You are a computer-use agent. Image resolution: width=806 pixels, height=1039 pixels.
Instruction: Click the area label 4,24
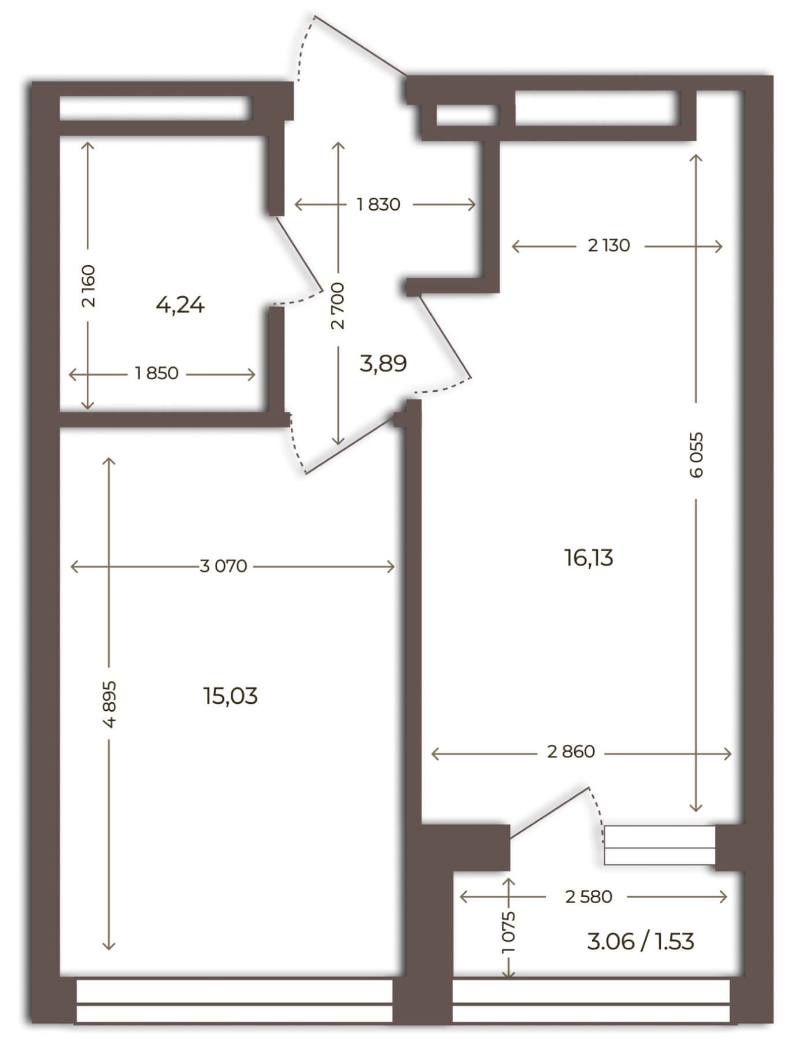pos(180,305)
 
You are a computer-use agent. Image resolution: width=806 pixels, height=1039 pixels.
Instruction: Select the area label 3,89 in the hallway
pos(383,363)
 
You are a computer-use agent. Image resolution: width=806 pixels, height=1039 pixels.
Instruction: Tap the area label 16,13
pos(589,558)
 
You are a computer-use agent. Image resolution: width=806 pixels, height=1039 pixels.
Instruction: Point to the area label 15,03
pos(230,696)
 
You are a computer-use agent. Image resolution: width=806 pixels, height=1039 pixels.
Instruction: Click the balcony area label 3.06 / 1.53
pos(640,941)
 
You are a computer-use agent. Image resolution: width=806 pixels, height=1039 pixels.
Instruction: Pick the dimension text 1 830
pos(379,205)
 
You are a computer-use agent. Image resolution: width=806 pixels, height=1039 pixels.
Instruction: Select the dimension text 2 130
pos(609,246)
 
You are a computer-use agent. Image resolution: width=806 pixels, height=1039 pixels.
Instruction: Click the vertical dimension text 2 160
pos(88,286)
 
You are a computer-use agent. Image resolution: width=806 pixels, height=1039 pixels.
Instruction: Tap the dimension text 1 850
pos(157,373)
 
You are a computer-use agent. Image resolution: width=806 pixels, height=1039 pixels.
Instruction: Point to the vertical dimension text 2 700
pos(338,306)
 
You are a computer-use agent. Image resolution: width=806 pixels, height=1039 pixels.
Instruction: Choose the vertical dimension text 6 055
pos(697,455)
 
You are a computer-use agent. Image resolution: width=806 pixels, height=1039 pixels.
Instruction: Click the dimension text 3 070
pos(223,566)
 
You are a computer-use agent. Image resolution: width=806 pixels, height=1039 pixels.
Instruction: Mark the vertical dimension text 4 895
pos(109,704)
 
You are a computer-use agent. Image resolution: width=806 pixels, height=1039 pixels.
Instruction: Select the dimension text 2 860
pos(571,752)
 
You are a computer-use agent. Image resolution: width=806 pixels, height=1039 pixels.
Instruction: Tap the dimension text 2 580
pos(589,897)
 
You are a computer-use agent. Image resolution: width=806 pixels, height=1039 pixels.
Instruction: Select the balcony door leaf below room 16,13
pos(549,812)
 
